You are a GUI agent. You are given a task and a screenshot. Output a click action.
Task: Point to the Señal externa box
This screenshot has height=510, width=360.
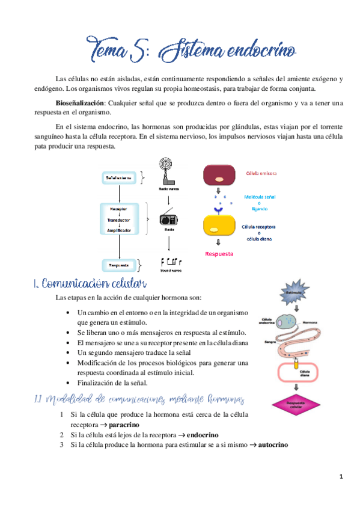[x=120, y=178]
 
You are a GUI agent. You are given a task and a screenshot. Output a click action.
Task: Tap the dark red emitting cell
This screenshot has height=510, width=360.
[x=219, y=176]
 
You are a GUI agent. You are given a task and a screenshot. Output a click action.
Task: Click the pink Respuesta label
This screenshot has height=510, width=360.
[x=219, y=254]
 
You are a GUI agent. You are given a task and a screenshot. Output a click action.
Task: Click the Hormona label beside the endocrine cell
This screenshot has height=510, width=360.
[x=310, y=322]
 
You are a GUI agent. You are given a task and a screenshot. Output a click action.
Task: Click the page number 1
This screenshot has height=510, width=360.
[x=341, y=478]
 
